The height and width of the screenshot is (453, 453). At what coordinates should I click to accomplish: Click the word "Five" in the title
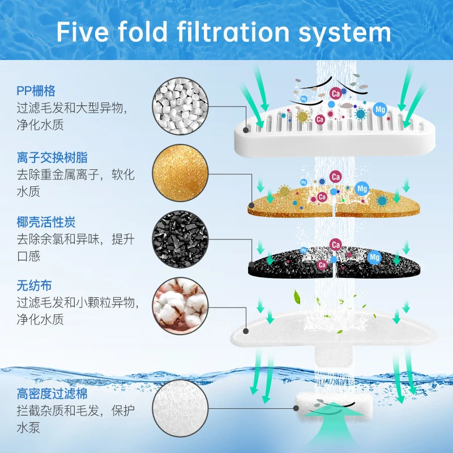coord(82,32)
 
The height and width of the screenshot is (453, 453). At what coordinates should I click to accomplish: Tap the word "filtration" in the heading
coord(233,32)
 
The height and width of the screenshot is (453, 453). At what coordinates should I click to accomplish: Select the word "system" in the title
coord(345,34)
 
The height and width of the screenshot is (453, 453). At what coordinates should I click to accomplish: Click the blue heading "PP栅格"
coord(36,91)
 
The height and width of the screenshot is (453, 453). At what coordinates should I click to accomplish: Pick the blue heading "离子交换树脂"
coord(52,158)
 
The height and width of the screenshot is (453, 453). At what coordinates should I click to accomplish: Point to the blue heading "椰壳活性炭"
coord(46,222)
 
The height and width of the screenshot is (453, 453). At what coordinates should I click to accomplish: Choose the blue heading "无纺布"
coord(34,286)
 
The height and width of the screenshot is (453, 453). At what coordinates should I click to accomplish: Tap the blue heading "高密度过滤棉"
coord(52,394)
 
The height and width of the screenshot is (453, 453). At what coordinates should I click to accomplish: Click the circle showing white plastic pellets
coord(180,106)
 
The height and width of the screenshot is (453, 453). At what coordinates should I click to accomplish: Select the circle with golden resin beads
coord(180,173)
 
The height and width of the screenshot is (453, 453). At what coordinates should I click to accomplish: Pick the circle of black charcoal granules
coord(180,239)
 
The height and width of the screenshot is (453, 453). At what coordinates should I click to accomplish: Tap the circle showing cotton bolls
coord(180,306)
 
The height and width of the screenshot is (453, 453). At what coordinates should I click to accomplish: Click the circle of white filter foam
coord(180,408)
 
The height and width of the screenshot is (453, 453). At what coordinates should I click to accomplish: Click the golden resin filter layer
coord(334,202)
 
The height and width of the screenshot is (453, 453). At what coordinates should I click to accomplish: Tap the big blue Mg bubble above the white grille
coord(380,109)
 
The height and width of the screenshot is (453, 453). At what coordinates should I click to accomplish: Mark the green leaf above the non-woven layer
coord(297,297)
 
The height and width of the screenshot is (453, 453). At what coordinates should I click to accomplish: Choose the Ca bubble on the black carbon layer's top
coord(335,245)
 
